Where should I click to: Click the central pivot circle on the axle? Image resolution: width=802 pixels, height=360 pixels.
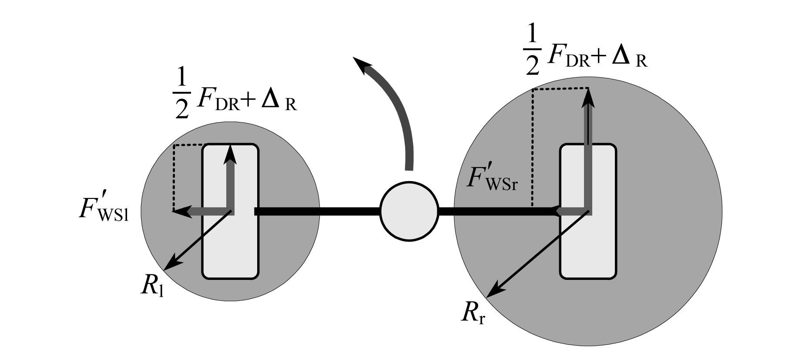[x=409, y=211]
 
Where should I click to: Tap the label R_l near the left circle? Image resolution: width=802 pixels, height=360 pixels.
[x=152, y=286]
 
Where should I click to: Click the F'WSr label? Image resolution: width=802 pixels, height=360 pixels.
[x=492, y=178]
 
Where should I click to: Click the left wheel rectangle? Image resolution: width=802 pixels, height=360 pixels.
[x=230, y=211]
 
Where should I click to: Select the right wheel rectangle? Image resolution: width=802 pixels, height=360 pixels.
[x=588, y=211]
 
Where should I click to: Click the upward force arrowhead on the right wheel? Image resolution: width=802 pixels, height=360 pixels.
[x=588, y=98]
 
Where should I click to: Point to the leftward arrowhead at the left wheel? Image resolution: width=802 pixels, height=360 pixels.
[x=183, y=212]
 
